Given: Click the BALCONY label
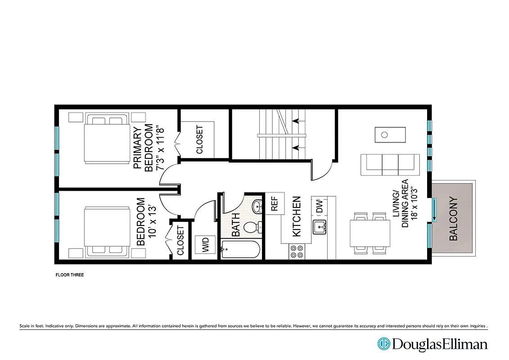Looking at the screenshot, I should tap(453, 219).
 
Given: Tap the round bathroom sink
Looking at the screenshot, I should tap(257, 207).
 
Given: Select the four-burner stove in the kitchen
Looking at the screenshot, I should tap(297, 251).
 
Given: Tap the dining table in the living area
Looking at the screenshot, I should tap(369, 233).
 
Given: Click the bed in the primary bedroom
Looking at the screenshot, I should tap(106, 139).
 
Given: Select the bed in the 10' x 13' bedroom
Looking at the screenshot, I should tap(106, 231).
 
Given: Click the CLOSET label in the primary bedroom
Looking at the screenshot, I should tap(199, 139).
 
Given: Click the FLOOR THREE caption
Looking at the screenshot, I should tap(69, 275).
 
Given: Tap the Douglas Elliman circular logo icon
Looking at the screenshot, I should tap(383, 344).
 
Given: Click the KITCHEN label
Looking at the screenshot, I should tap(297, 216).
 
